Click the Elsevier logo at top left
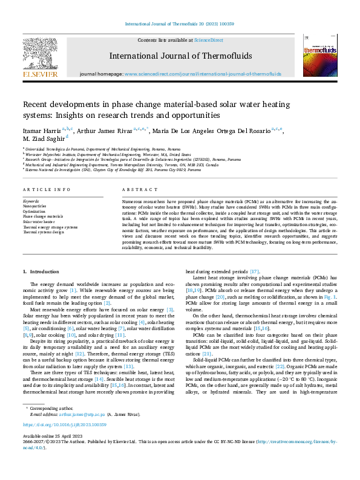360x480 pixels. (x=41, y=56)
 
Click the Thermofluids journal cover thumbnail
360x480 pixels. (x=319, y=55)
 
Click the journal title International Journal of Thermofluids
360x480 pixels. (x=180, y=56)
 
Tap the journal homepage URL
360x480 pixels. (x=203, y=74)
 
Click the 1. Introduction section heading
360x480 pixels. (x=41, y=272)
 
